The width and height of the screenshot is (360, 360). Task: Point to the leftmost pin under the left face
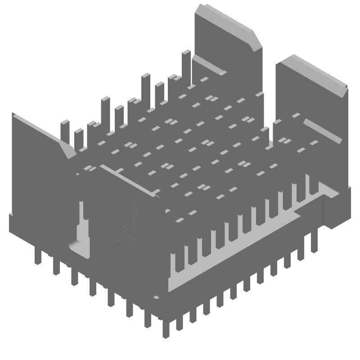38,256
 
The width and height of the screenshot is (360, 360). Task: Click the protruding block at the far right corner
337,207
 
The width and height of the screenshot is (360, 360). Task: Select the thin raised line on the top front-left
128,180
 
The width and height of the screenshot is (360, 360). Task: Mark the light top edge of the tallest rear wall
225,18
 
